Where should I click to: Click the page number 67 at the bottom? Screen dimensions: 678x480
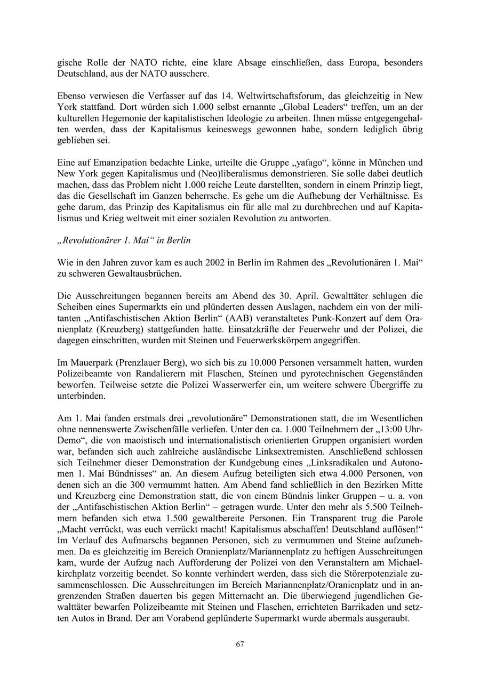pyautogui.click(x=240, y=644)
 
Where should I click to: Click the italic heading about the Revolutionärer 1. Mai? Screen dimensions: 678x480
pyautogui.click(x=124, y=240)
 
